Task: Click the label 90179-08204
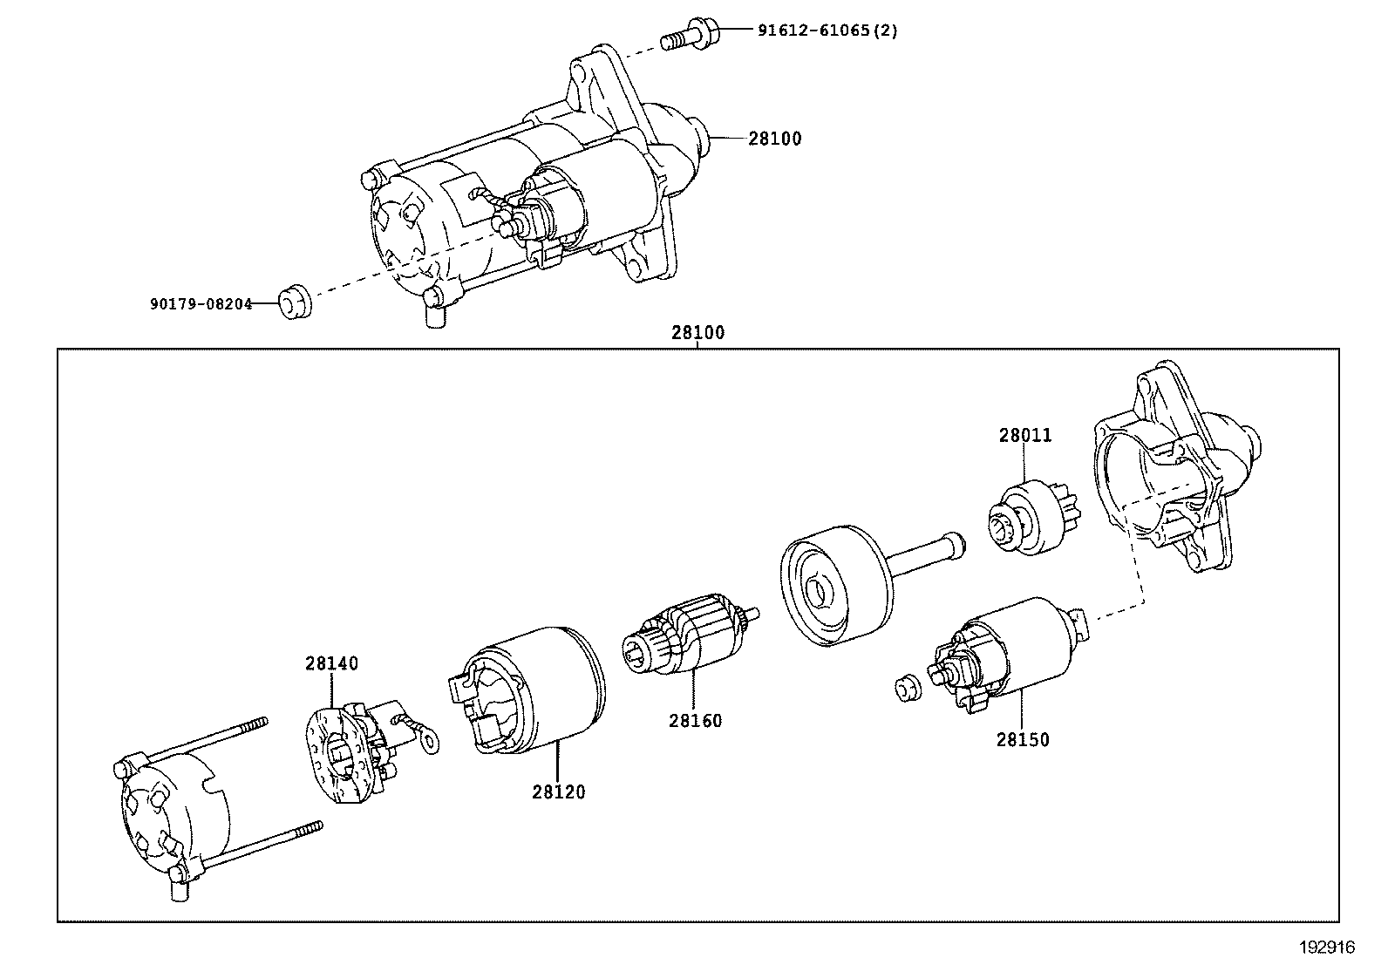click(x=200, y=304)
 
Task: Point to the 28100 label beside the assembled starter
click(x=774, y=139)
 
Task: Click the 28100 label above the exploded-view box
click(x=697, y=332)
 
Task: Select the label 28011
click(x=1024, y=435)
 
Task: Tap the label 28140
click(x=331, y=663)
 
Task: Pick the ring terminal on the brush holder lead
click(x=427, y=741)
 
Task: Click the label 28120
click(x=559, y=792)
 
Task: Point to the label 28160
click(x=695, y=721)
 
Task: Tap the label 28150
click(x=1023, y=739)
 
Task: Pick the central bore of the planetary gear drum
click(x=820, y=592)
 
